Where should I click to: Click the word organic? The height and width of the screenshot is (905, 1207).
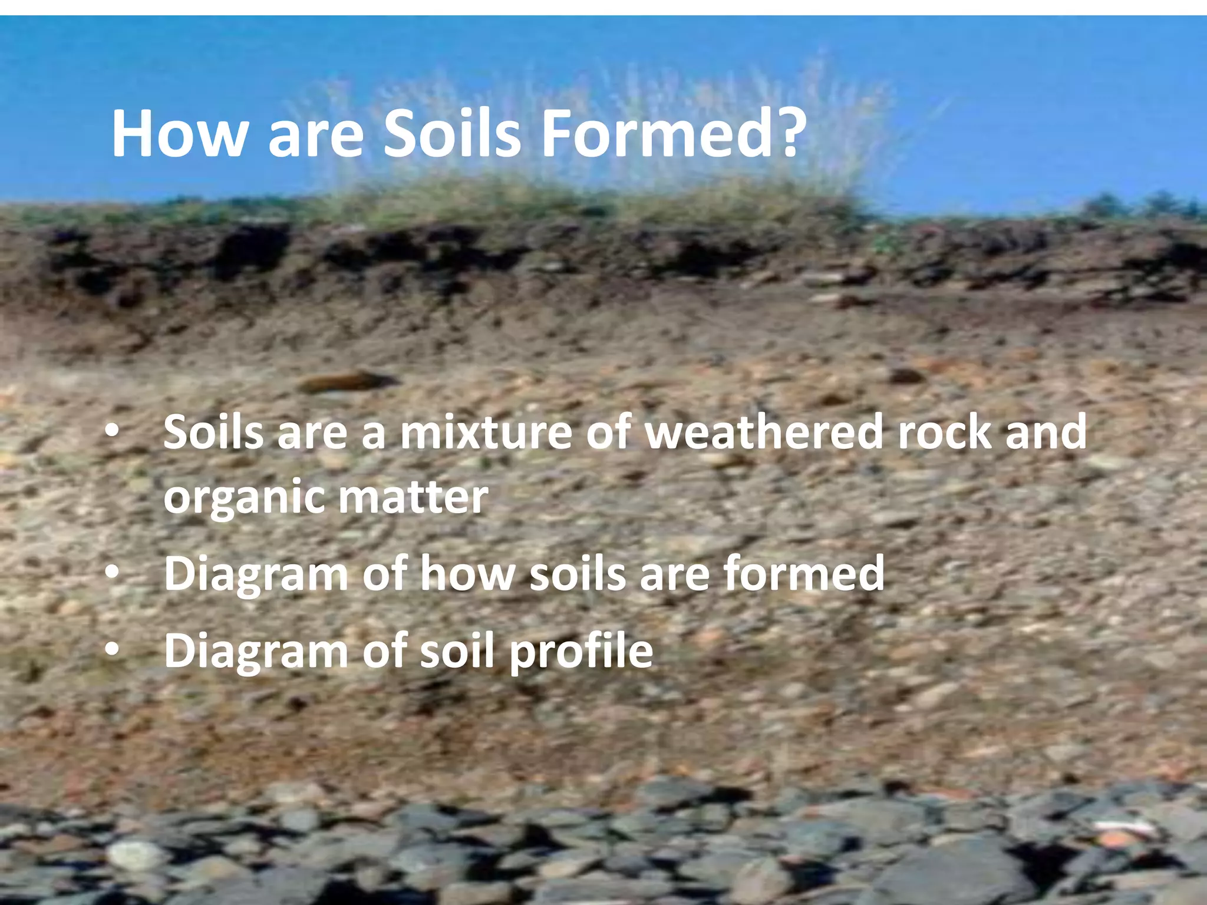pyautogui.click(x=243, y=498)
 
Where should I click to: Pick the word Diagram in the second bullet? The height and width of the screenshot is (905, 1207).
pyautogui.click(x=256, y=575)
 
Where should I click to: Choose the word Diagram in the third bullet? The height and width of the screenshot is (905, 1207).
pyautogui.click(x=256, y=652)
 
